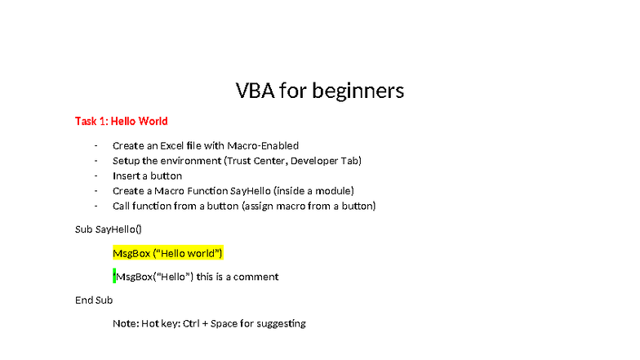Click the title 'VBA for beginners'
coord(320,90)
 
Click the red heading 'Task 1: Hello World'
coord(121,121)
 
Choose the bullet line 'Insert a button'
coord(147,176)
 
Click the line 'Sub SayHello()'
coord(108,229)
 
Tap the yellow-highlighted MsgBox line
coord(167,253)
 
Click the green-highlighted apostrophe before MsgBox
coord(114,277)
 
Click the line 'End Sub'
coord(94,300)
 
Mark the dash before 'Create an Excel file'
coord(96,145)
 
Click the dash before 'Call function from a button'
coord(96,206)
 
